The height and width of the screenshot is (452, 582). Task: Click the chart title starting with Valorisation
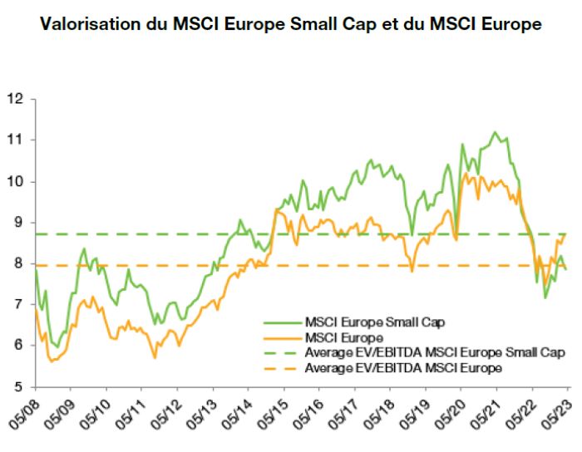[290, 24]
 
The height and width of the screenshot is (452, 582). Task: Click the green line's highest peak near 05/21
[496, 132]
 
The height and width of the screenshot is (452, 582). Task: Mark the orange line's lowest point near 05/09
[51, 361]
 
